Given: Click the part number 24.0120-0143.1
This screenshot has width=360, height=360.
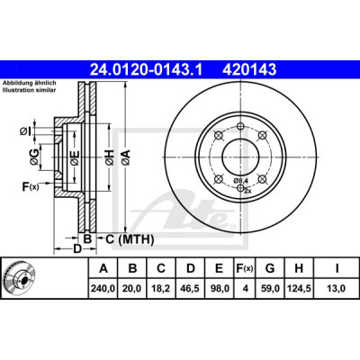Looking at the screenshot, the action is coord(147,69).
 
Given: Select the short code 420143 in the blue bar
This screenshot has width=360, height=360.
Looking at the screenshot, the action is coord(249,69).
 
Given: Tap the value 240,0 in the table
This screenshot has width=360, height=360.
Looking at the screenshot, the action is coord(103,289).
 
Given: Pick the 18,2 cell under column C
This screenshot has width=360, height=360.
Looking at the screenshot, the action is coord(161,289).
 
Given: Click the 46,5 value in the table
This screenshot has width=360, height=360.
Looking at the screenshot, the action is coord(191,289).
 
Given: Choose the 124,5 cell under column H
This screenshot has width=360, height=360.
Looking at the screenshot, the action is coord(299,289).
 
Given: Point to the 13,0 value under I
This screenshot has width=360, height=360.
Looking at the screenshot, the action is coord(337,289).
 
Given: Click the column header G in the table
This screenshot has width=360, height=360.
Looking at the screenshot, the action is coord(270,268).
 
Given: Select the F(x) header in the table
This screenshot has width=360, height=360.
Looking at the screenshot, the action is coord(245,268).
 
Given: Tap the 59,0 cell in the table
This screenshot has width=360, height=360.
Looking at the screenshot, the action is coord(270,289).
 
